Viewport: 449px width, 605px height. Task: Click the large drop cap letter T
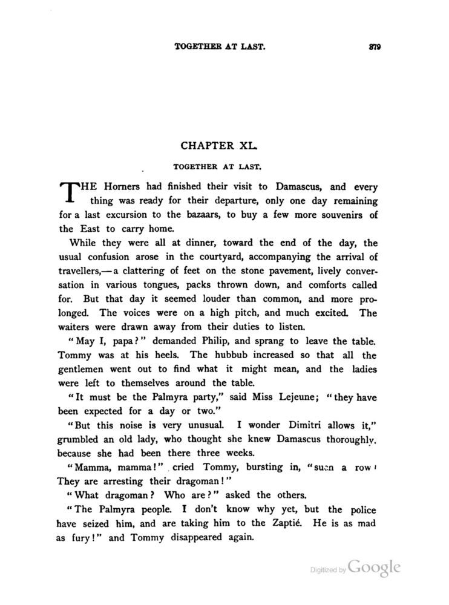(71, 192)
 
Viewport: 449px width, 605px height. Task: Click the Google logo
(375, 567)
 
